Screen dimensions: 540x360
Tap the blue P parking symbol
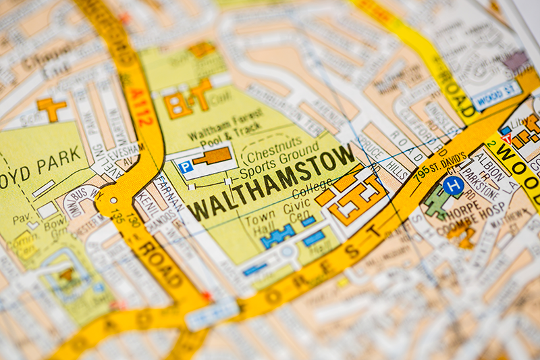coord(186,167)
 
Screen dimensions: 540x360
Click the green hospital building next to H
coord(437,201)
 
